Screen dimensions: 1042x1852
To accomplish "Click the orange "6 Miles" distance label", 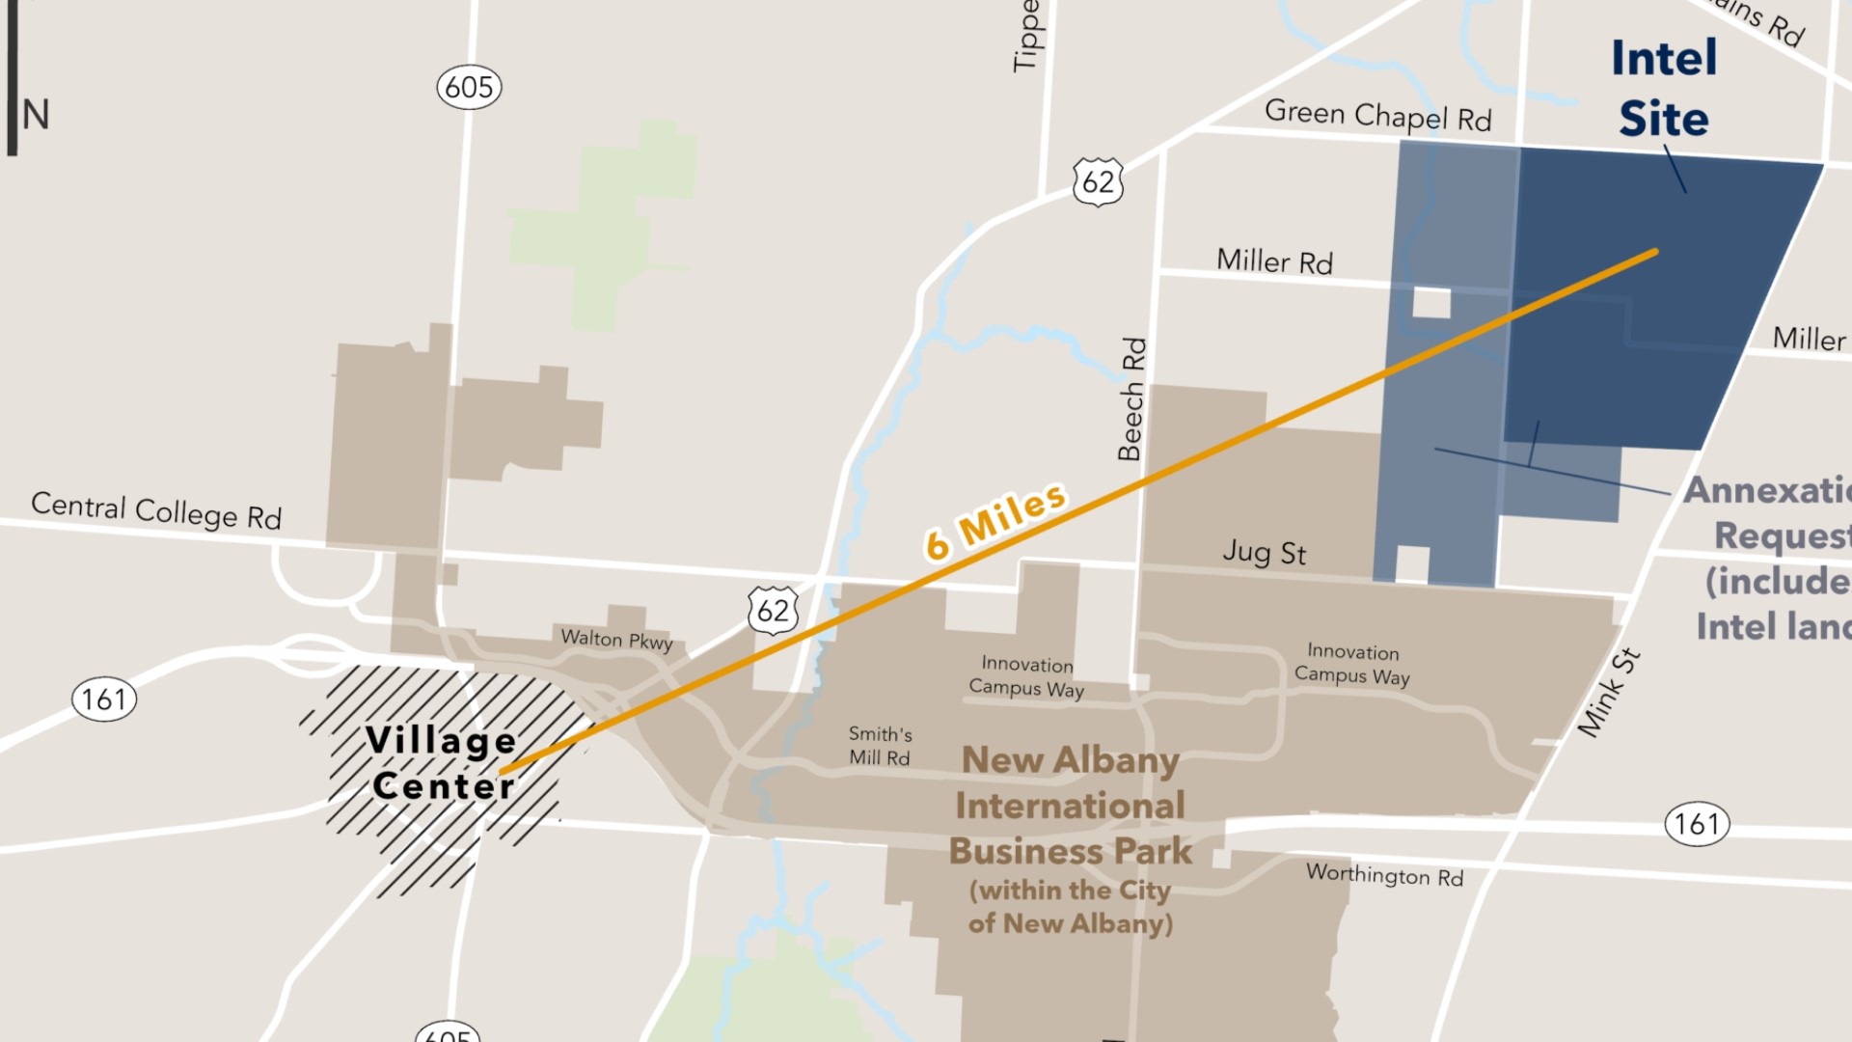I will (995, 521).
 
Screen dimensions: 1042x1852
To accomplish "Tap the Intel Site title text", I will (1664, 89).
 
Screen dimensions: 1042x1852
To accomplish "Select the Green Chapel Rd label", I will (1377, 116).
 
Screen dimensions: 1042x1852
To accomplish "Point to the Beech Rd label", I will (1132, 398).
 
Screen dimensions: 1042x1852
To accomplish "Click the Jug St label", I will (1264, 553).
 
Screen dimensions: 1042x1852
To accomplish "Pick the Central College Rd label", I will (156, 510).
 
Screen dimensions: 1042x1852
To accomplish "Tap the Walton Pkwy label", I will (616, 640).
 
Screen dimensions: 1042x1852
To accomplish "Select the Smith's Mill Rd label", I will (880, 746).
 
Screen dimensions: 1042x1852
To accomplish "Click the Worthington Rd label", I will (1384, 875).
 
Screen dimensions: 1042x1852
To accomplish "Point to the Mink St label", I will (1608, 693).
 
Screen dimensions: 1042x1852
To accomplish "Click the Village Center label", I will (442, 763).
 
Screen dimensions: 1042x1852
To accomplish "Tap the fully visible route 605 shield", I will (469, 87).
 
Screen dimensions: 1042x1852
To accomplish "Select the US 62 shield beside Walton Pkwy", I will (773, 611).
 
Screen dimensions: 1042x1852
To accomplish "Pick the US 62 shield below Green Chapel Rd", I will (1098, 181).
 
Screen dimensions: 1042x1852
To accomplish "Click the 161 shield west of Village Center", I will (104, 699).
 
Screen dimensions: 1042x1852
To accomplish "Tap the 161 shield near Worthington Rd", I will (1697, 824).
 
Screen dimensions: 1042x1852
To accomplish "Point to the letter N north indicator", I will (36, 115).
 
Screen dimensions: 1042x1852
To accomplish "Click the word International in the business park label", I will (1070, 806).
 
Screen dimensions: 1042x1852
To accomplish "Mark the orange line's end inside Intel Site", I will (1654, 253).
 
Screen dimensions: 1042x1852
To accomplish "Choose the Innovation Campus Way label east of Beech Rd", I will (1351, 664).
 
